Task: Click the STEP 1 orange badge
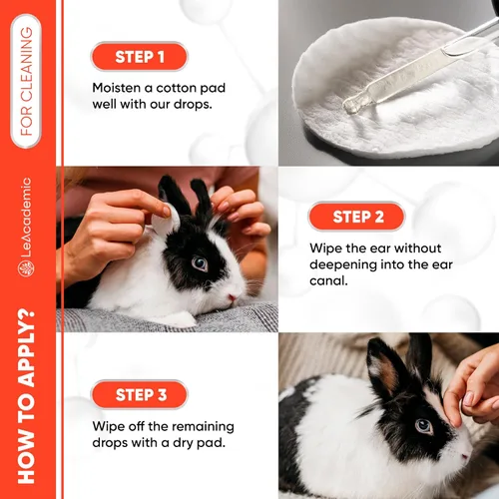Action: point(139,56)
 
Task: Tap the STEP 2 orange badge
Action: point(357,217)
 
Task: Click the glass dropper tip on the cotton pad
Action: point(351,103)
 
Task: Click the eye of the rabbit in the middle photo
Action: point(200,263)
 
